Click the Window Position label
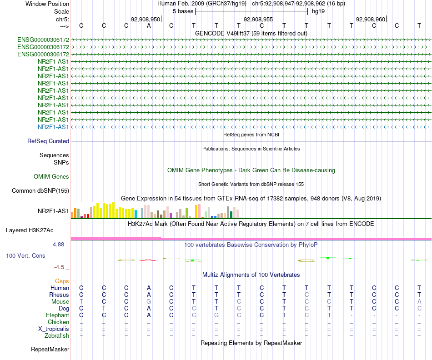[x=47, y=4]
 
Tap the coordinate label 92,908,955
[x=258, y=19]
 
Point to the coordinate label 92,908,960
[x=371, y=19]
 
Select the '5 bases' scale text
[x=183, y=11]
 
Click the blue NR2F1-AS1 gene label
[x=53, y=127]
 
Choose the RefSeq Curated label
[x=48, y=141]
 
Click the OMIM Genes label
[x=51, y=176]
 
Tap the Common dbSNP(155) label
[x=40, y=191]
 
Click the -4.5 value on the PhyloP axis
[x=60, y=267]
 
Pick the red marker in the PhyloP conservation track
[x=148, y=260]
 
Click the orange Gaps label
[x=62, y=281]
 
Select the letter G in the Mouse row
[x=149, y=301]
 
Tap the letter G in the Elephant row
[x=216, y=315]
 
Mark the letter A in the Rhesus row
[x=149, y=295]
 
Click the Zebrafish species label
[x=57, y=336]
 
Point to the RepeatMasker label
[x=50, y=350]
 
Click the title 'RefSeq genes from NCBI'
[x=251, y=135]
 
